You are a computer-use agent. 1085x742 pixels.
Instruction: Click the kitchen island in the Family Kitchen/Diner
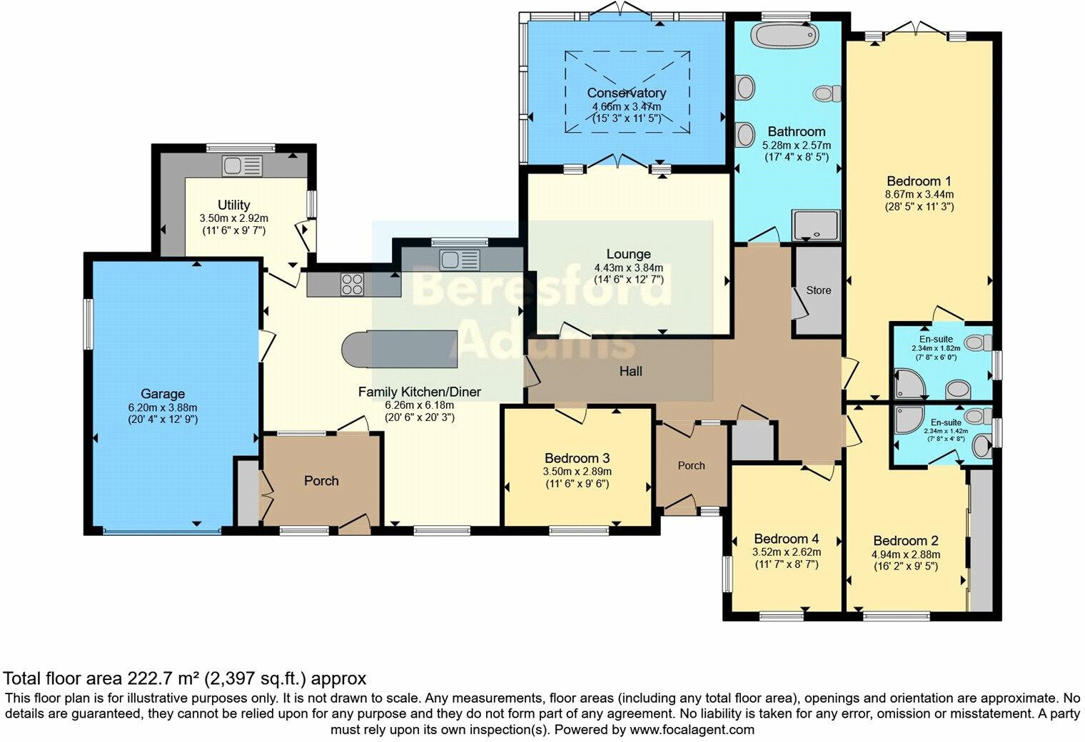tap(400, 349)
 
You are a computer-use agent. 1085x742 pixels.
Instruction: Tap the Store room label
tap(819, 290)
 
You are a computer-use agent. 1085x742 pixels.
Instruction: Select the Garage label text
tap(163, 394)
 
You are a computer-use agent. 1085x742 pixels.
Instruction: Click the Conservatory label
tap(627, 93)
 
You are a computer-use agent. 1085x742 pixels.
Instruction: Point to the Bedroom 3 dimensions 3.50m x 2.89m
tap(577, 472)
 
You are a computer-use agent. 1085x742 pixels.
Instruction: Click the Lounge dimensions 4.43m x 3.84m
tap(628, 268)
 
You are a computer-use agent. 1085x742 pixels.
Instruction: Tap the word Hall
tap(631, 371)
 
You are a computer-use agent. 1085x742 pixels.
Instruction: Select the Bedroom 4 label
tap(786, 539)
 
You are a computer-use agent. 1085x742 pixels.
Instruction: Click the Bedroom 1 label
tap(919, 181)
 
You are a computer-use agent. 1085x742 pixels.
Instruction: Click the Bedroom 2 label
tap(905, 541)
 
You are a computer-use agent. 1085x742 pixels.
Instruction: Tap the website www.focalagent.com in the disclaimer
tap(691, 730)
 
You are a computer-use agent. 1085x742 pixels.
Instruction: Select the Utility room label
tap(234, 205)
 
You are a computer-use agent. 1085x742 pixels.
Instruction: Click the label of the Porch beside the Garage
tap(321, 481)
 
